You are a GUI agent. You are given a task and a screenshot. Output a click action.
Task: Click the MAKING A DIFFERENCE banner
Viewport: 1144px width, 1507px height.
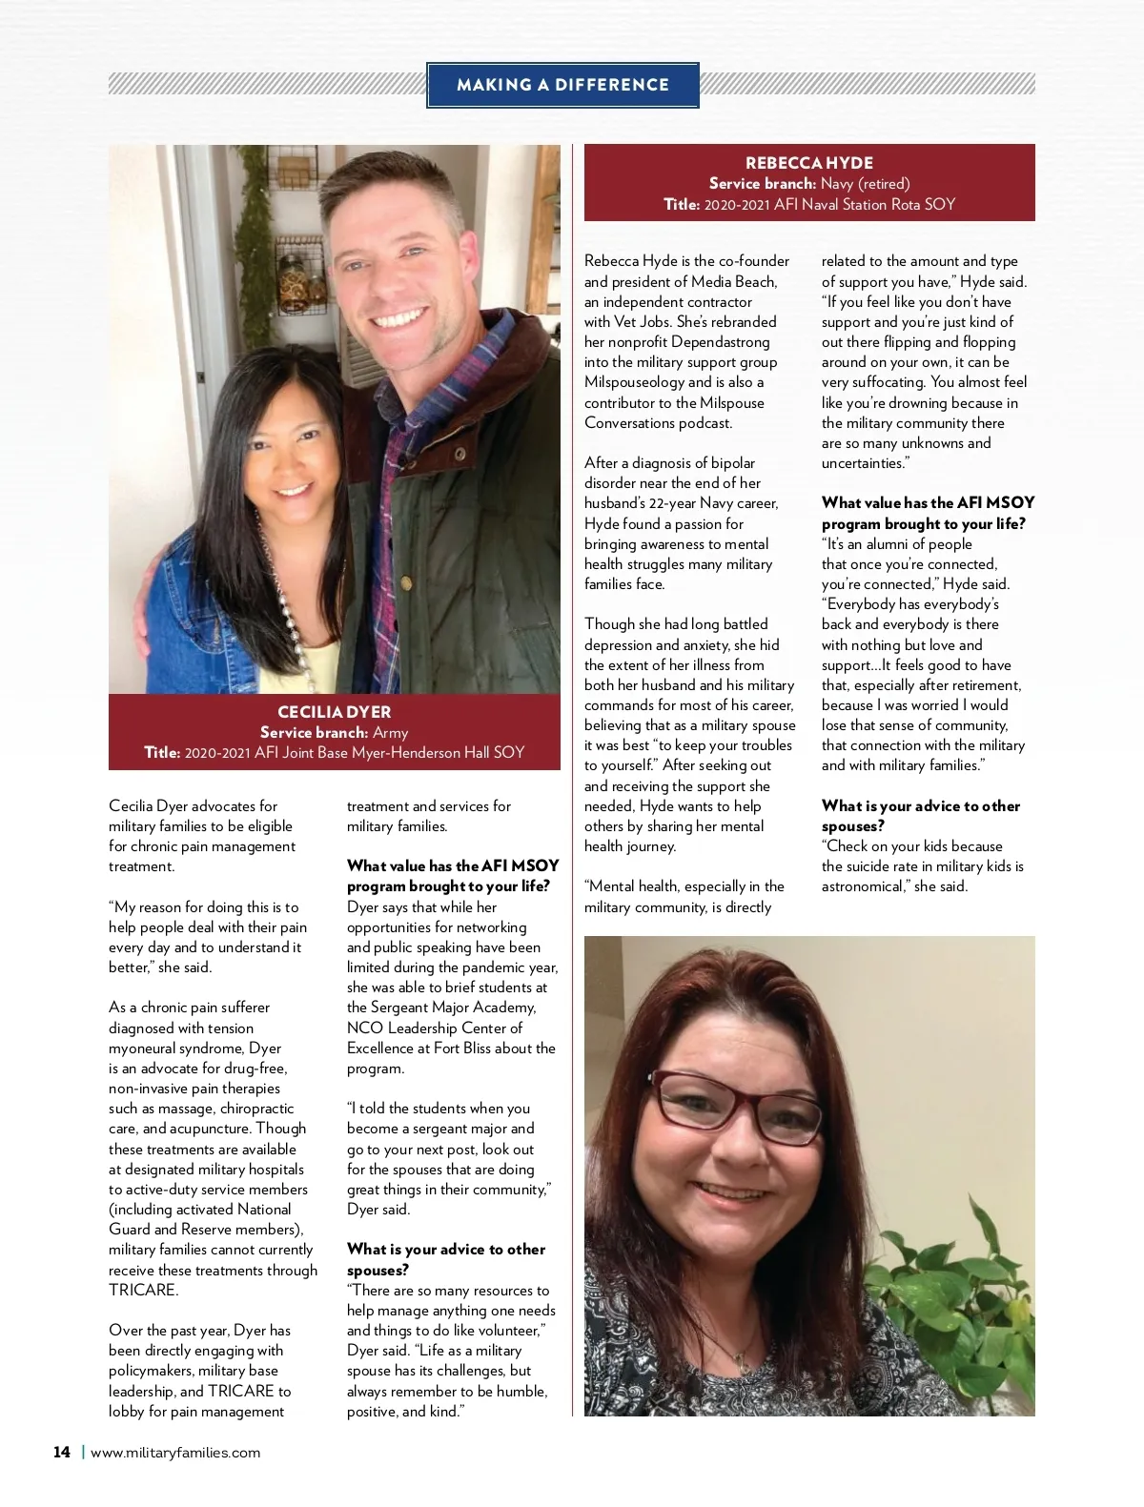point(562,85)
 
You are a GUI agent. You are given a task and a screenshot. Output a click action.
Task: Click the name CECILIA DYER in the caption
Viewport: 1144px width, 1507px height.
point(334,712)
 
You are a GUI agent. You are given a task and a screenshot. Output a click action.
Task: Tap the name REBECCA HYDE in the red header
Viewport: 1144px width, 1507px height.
point(808,163)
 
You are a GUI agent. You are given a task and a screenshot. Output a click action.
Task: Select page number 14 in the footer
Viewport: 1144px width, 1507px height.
point(62,1452)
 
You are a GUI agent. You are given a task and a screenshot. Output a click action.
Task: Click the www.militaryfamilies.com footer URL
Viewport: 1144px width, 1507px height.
point(175,1453)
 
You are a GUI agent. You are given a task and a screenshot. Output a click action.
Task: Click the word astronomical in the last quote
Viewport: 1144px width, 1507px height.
point(865,886)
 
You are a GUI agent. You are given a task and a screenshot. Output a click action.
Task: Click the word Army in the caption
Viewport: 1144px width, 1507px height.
point(390,733)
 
